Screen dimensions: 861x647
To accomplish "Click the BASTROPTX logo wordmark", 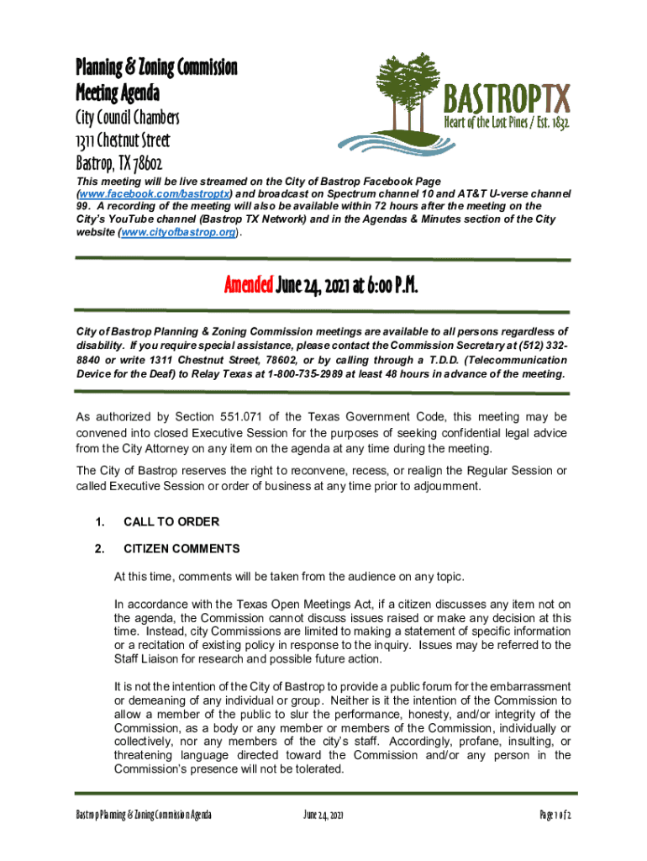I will [x=507, y=98].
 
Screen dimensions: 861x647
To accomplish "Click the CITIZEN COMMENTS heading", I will [x=181, y=549].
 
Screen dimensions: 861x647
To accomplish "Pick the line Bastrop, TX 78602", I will [x=118, y=162].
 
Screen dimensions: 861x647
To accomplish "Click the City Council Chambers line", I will [x=127, y=117].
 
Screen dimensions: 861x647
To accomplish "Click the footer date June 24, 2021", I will [x=323, y=816].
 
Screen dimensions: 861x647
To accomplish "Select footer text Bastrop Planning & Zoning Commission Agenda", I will [x=144, y=816].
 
